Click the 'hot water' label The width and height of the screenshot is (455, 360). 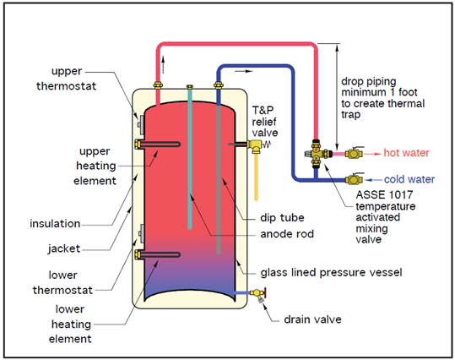pos(406,153)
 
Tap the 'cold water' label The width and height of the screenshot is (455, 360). pos(409,179)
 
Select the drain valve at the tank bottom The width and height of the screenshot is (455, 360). pos(258,295)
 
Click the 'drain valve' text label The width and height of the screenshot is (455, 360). pos(312,319)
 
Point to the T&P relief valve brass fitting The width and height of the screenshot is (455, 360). pos(255,145)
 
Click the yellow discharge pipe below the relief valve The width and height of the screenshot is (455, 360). pos(256,177)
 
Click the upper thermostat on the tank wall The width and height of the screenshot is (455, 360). pos(141,125)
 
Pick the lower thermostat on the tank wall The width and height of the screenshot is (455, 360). pos(141,233)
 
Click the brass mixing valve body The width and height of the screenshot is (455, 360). pos(317,154)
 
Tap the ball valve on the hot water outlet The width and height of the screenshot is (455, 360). pos(354,153)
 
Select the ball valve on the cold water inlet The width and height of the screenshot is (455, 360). pos(354,179)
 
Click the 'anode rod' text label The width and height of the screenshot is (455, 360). pos(287,234)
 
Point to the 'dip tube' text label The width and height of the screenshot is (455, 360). pos(282,218)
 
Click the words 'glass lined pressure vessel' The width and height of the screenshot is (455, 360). pos(331,273)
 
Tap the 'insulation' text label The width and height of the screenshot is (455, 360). pos(55,223)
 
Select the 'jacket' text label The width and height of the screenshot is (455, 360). pos(64,248)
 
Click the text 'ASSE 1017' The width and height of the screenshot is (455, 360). pos(384,194)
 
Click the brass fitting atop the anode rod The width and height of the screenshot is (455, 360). pos(190,86)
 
